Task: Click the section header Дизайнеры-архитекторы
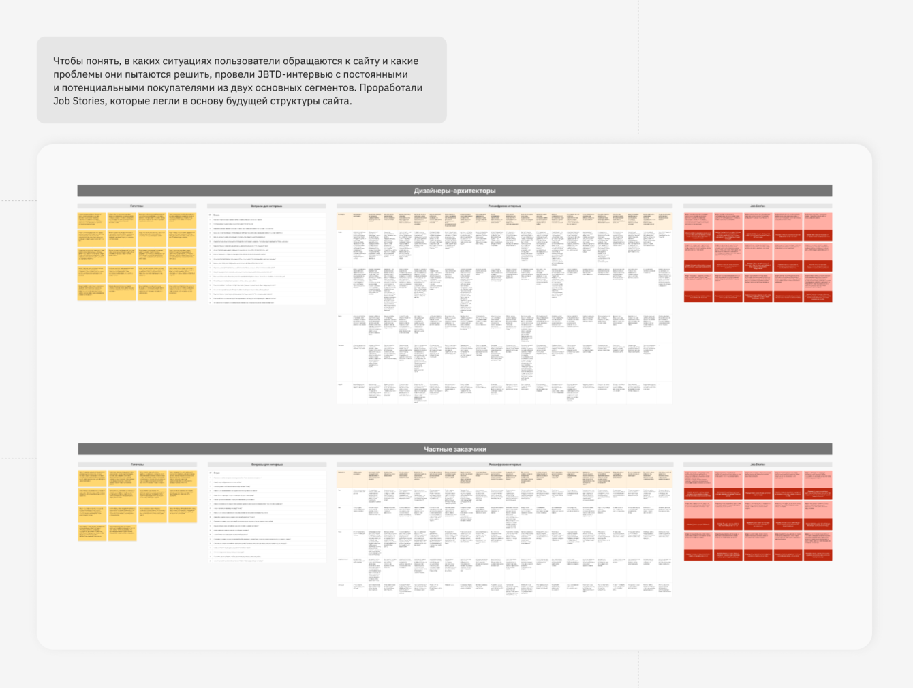click(454, 191)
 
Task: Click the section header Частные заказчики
click(454, 449)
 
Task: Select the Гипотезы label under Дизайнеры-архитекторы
click(137, 206)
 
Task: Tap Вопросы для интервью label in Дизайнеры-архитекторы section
click(266, 206)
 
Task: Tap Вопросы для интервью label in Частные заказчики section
click(267, 465)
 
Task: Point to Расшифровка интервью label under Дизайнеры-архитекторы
click(504, 206)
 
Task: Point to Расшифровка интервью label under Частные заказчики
click(505, 465)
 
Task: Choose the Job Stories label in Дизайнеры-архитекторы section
click(758, 206)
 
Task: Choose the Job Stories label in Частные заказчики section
click(758, 465)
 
